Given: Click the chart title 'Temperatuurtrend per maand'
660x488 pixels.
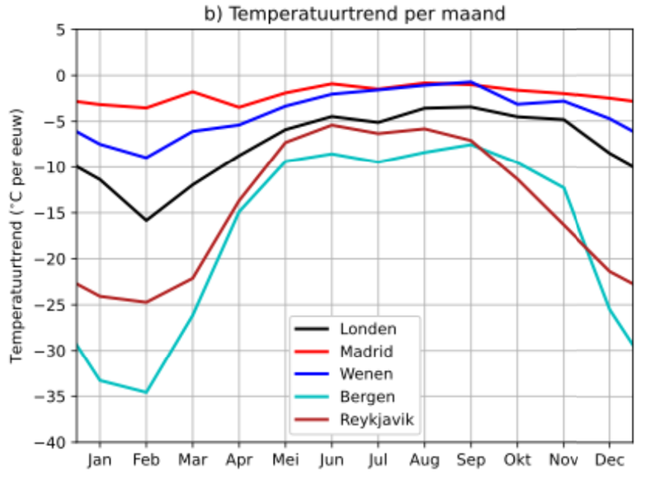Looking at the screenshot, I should [x=355, y=14].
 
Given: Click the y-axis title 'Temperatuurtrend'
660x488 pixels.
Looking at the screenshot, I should [x=17, y=235].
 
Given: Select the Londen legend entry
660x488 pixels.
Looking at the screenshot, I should [x=368, y=329].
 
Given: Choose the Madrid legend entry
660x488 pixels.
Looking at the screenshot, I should [x=366, y=352].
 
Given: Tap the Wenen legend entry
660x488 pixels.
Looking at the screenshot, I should [x=365, y=374].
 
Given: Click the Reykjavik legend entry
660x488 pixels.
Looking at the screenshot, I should [x=375, y=420].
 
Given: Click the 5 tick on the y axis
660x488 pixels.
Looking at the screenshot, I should [x=61, y=30].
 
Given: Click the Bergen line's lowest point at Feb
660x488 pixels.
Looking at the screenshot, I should [x=146, y=392].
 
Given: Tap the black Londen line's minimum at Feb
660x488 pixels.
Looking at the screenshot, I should [x=146, y=220].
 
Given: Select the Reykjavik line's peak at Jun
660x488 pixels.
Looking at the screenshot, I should [x=332, y=124].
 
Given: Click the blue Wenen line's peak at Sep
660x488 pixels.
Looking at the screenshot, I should [x=470, y=82].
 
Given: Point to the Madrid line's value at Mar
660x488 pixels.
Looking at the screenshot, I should [x=193, y=91].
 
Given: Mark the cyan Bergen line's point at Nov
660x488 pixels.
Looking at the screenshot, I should [x=563, y=188].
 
